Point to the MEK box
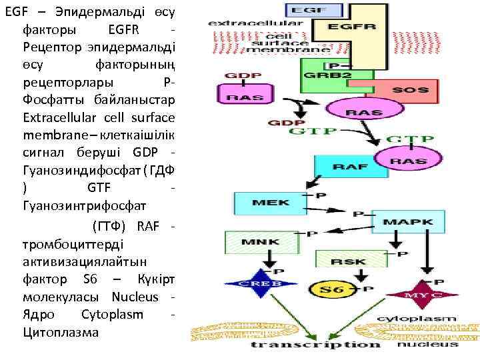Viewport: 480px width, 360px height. tap(267, 203)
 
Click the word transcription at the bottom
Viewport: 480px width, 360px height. tap(315, 345)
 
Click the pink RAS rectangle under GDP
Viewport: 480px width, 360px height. tap(244, 95)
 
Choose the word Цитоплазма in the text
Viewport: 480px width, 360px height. tap(60, 331)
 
